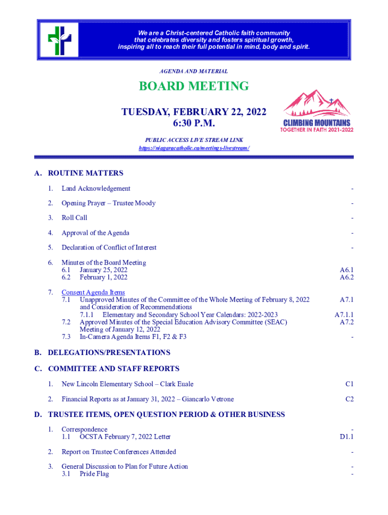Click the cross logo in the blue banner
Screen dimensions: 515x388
pos(59,39)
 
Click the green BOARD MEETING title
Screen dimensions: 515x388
pos(194,86)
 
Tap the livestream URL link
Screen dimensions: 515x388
pos(194,148)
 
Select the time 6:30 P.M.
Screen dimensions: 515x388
pos(194,123)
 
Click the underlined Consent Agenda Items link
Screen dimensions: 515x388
pos(93,292)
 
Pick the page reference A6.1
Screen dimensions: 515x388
pos(346,270)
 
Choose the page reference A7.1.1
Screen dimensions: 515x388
pos(344,314)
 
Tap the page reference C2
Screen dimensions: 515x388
pos(349,399)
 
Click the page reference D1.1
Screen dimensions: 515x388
pos(346,437)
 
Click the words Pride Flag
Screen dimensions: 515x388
pos(94,474)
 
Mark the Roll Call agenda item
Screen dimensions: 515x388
pos(74,218)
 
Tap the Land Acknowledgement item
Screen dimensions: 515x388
pos(96,189)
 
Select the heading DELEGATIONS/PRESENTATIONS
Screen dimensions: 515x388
pos(109,353)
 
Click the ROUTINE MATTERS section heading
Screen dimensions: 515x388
pos(85,173)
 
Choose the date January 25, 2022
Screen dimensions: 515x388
pos(103,270)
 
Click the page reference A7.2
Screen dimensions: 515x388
pos(346,322)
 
